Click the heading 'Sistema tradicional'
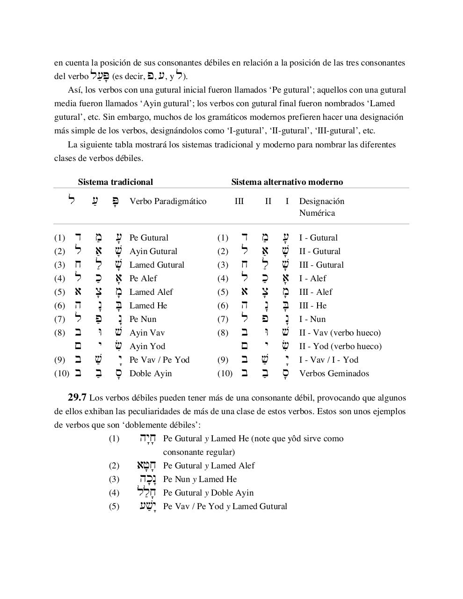point(115,182)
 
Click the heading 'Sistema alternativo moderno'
point(287,182)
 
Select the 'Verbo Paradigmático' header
point(168,201)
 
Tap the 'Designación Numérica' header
point(322,207)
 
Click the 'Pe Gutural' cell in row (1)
point(149,238)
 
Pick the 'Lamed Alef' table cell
point(151,292)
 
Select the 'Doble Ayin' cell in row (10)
point(151,373)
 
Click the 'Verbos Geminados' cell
point(334,373)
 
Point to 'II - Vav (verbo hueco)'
point(340,333)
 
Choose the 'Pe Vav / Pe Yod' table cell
point(159,360)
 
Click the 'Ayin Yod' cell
point(147,346)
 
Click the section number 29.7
point(77,398)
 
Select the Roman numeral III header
point(239,201)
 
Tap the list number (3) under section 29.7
point(114,479)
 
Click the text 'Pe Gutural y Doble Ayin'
point(208,493)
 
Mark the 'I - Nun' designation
point(312,319)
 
